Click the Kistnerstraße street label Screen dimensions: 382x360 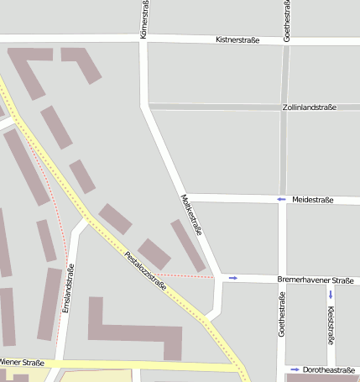click(237, 39)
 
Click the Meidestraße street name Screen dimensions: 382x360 click(313, 200)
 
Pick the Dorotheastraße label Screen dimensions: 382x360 click(329, 369)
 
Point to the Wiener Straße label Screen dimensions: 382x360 click(22, 363)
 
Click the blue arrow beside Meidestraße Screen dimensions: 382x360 click(281, 199)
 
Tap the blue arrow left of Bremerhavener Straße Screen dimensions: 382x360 click(232, 278)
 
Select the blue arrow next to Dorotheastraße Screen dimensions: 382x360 click(295, 369)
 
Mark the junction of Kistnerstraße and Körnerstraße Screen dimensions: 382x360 click(144, 38)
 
